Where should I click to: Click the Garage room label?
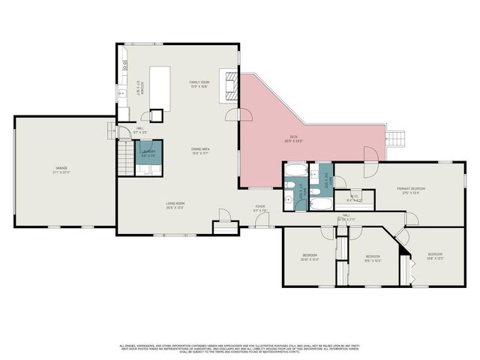click(61, 170)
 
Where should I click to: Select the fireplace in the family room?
click(227, 85)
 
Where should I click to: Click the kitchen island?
click(160, 87)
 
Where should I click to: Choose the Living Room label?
click(175, 205)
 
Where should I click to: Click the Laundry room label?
click(148, 154)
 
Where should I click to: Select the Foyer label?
click(260, 208)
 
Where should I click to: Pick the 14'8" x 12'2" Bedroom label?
click(435, 256)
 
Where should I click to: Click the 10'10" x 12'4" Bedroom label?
click(310, 257)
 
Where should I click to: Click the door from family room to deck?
click(243, 115)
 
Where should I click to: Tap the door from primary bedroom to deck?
click(368, 154)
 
